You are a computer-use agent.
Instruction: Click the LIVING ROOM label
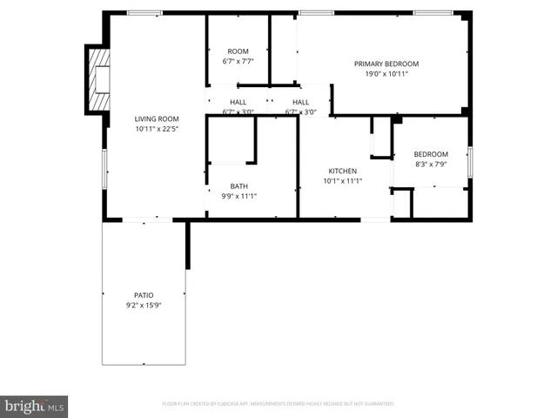click(157, 119)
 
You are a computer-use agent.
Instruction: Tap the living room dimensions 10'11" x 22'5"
click(157, 129)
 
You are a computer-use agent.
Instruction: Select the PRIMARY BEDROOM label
click(386, 64)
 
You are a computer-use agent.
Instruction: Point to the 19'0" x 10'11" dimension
click(386, 74)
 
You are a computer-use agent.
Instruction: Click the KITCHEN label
click(342, 171)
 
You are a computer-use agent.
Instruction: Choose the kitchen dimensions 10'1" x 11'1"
click(342, 181)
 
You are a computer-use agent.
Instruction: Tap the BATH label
click(238, 186)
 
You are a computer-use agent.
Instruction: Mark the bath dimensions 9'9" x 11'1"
click(238, 196)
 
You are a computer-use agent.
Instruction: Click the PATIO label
click(144, 295)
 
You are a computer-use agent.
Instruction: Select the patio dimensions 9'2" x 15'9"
click(144, 306)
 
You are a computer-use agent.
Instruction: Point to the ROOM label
click(238, 51)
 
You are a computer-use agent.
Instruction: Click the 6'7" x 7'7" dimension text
click(238, 62)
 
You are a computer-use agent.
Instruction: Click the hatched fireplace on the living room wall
click(99, 80)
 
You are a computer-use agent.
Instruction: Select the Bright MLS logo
click(34, 407)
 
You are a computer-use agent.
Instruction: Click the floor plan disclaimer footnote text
click(278, 404)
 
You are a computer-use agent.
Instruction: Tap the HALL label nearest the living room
click(238, 102)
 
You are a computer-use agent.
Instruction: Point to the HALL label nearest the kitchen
click(300, 102)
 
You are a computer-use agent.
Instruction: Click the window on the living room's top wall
click(144, 13)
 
